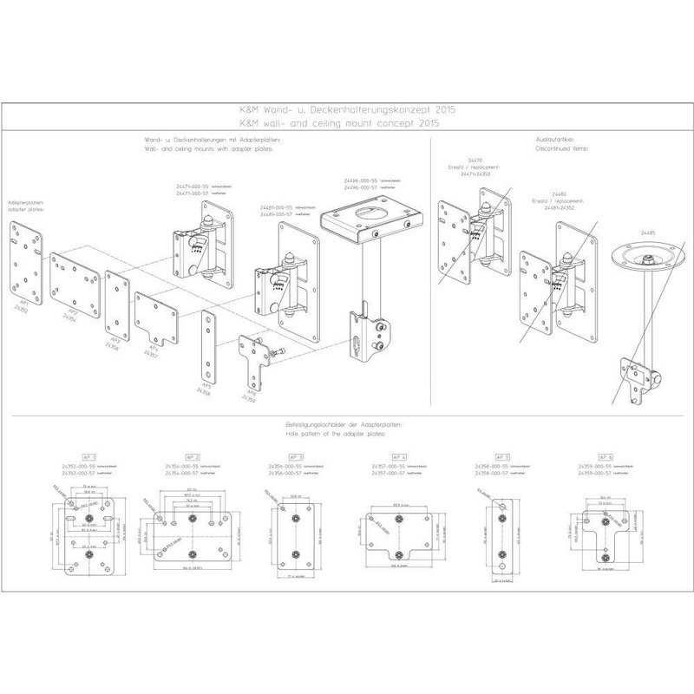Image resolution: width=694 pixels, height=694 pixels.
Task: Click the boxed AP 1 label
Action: [x=88, y=456]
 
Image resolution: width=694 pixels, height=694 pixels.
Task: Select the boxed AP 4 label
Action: [x=398, y=456]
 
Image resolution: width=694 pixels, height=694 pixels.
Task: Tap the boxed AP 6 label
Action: [x=605, y=456]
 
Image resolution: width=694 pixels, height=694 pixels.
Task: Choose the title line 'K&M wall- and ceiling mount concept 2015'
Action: [x=347, y=124]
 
